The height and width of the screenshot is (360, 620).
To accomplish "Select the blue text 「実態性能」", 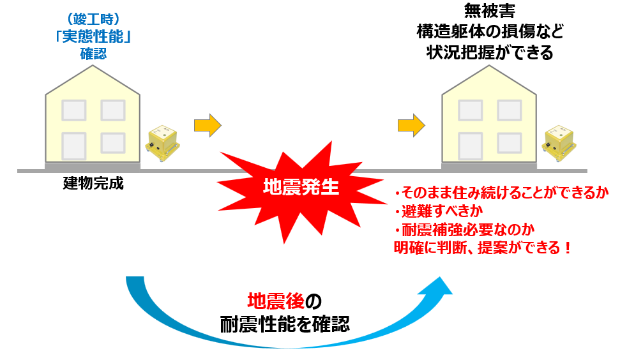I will [x=93, y=37].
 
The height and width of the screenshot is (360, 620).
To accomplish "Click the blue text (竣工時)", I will [x=93, y=20].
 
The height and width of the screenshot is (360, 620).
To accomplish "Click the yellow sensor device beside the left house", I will [x=161, y=141].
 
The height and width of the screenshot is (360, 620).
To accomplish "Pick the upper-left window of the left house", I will [x=74, y=110].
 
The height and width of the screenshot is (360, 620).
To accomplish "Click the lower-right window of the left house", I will [x=113, y=143].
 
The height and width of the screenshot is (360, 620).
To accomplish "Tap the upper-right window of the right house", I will [x=510, y=110].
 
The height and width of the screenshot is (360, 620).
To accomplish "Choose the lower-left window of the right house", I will [x=471, y=143].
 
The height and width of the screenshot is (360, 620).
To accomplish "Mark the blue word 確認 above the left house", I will [x=93, y=54].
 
